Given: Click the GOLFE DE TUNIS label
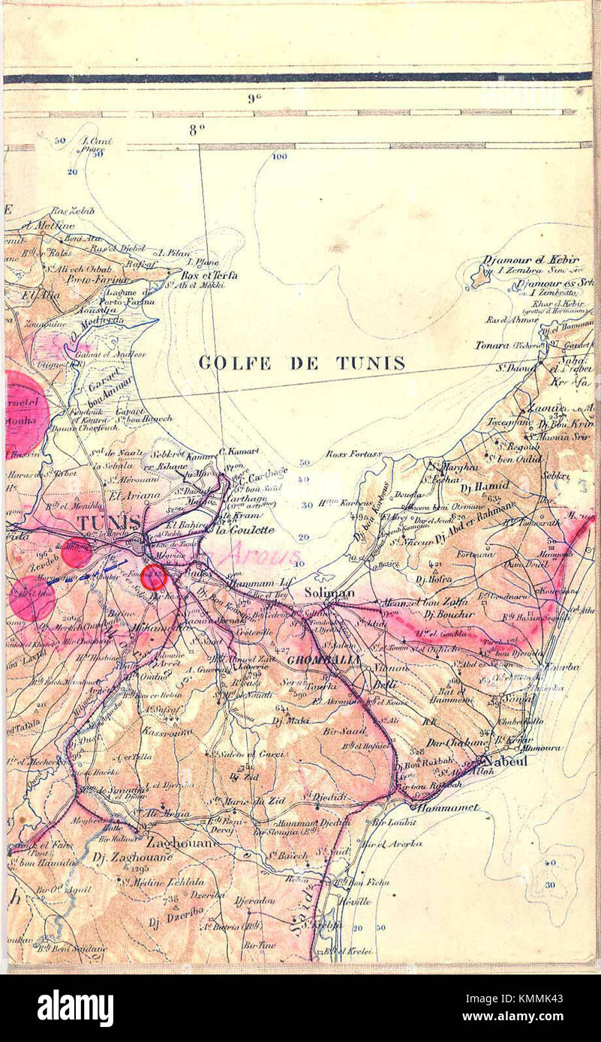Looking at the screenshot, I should click(x=302, y=364).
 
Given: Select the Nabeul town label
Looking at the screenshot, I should click(x=507, y=760).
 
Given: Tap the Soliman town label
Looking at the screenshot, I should click(x=329, y=592).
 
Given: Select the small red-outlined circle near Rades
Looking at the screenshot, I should click(x=154, y=577).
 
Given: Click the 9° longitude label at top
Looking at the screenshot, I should click(x=252, y=98).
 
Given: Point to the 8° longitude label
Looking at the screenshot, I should click(x=197, y=130).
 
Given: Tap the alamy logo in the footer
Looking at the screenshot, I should click(x=75, y=1008).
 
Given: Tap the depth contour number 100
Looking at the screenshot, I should click(x=279, y=157).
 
